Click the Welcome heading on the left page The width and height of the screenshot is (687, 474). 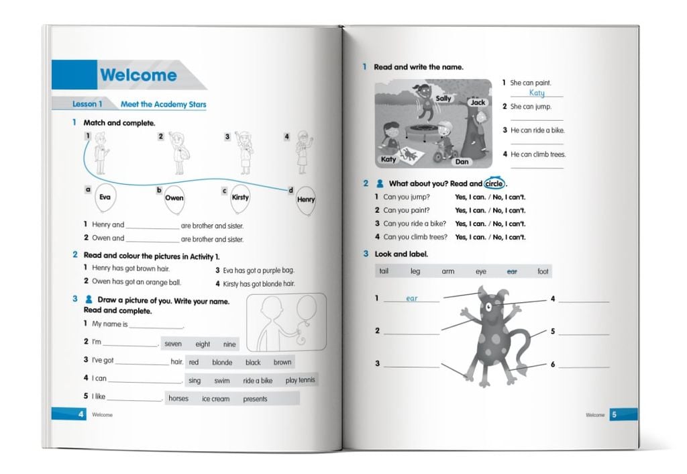coord(138,75)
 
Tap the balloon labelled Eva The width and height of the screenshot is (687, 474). coord(105,197)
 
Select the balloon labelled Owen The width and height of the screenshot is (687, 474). coord(174,198)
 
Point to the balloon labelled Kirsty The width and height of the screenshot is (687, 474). coord(240,197)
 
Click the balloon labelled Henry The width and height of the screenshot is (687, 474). coord(305,200)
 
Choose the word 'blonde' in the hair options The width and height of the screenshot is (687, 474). coord(222,363)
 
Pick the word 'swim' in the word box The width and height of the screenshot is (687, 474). coord(221,381)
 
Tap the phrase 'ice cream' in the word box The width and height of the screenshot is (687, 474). coord(215,399)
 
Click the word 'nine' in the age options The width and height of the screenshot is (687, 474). coord(229,344)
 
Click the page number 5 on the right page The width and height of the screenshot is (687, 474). coord(613,415)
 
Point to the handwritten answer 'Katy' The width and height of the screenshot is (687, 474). coord(537,93)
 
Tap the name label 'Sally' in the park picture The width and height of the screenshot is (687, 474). coord(443,99)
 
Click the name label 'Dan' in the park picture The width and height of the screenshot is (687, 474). coord(462,162)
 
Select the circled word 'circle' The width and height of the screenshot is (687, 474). coord(494,183)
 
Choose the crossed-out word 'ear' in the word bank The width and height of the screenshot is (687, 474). coord(512,271)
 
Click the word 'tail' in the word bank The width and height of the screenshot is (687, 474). coord(384,271)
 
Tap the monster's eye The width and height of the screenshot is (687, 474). coord(490,305)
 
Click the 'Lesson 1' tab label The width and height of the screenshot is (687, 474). coord(87,104)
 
